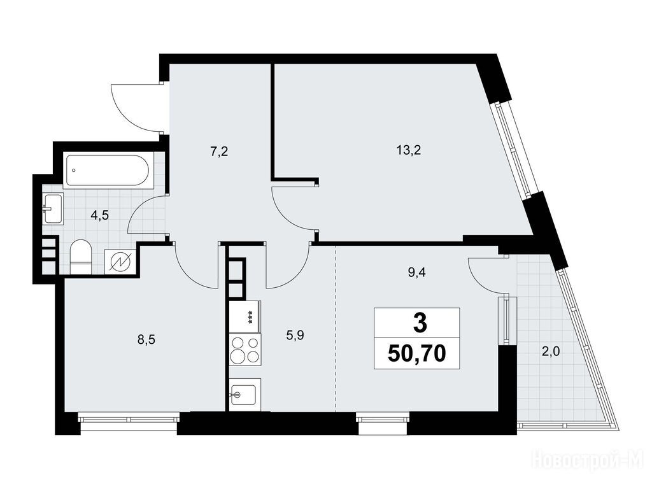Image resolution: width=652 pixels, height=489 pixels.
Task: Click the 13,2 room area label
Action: click(x=409, y=150)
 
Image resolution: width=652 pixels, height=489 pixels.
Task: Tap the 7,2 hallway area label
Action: click(x=219, y=152)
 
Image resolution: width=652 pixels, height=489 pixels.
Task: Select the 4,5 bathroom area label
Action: click(x=100, y=216)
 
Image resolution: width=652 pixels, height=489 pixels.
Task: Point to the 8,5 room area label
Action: click(x=146, y=340)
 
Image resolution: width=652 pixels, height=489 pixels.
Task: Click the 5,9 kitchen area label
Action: click(x=295, y=335)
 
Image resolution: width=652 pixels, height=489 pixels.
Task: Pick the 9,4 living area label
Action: click(x=417, y=273)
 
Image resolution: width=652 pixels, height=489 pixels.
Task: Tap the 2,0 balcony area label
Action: click(x=551, y=352)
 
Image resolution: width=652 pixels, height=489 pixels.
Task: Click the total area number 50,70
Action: click(x=416, y=354)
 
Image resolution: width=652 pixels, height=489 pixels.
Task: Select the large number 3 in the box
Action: click(x=420, y=323)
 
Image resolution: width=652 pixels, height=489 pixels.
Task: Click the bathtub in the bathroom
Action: click(x=106, y=171)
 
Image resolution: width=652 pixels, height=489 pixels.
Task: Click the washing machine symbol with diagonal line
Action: click(x=120, y=262)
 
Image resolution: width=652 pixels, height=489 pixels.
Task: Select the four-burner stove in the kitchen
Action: click(x=245, y=350)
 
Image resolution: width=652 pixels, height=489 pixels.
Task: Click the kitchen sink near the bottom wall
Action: click(x=245, y=394)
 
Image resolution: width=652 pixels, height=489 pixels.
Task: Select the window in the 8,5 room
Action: click(x=129, y=418)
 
